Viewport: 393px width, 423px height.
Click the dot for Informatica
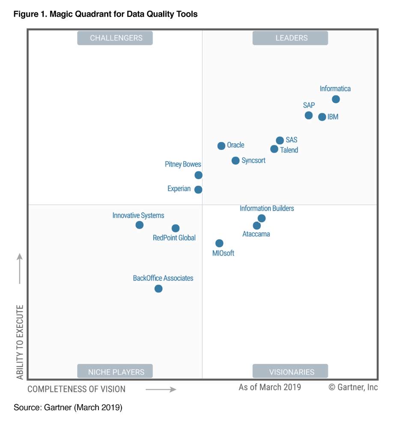[x=336, y=99]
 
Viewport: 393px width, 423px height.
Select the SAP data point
[x=309, y=115]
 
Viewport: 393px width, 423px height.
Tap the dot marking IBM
[x=322, y=117]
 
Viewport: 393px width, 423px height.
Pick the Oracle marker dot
[x=221, y=146]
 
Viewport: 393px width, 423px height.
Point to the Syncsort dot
[x=235, y=161]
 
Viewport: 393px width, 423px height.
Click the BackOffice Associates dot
[x=158, y=289]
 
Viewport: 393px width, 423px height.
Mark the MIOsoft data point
[x=219, y=243]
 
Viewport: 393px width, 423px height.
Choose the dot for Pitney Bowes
[x=198, y=175]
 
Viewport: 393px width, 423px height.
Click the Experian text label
[x=179, y=189]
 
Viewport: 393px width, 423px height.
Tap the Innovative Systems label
[x=138, y=216]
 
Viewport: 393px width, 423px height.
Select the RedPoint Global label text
[x=174, y=238]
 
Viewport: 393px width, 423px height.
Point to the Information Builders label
[x=267, y=209]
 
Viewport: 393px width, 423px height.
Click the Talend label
[x=289, y=150]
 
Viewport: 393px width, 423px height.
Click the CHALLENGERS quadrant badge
[x=115, y=38]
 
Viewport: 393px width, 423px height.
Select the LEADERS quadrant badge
[x=290, y=38]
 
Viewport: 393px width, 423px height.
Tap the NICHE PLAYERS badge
[x=115, y=372]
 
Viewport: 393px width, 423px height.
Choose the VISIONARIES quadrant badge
[x=290, y=372]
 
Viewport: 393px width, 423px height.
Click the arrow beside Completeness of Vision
[x=161, y=389]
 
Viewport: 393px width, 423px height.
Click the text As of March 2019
[x=270, y=387]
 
